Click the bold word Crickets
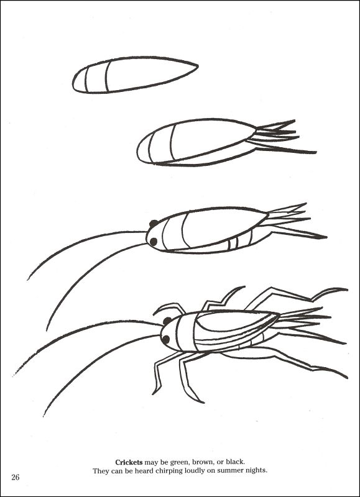tap(129, 462)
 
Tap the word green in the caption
tap(175, 462)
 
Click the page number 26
tap(16, 476)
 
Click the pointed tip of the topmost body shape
tap(196, 65)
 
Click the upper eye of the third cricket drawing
tap(153, 224)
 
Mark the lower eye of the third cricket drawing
tap(152, 241)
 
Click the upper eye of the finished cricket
tap(167, 321)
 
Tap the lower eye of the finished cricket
tap(165, 339)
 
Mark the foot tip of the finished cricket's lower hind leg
tap(345, 376)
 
